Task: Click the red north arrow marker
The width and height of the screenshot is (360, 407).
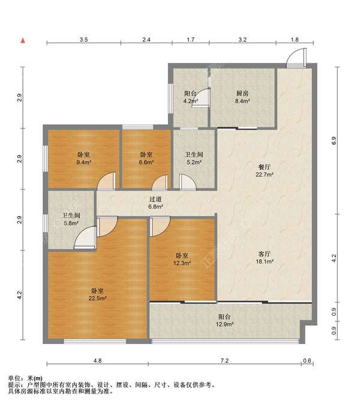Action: pos(23,40)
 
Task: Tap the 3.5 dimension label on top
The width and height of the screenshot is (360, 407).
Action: pos(83,40)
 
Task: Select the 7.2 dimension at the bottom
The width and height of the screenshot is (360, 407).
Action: pos(224,361)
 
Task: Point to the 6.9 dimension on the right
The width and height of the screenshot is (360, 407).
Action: pos(334,140)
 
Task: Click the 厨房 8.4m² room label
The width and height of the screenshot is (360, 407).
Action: pos(242,97)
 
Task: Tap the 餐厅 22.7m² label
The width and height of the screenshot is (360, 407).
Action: pos(265,170)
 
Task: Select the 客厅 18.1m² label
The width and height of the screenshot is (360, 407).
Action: pos(265,258)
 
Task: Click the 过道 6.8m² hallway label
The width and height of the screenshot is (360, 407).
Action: pos(155,203)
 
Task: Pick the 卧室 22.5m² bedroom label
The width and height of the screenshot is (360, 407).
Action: pos(98,294)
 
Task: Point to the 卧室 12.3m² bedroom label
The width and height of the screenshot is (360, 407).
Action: pos(182,259)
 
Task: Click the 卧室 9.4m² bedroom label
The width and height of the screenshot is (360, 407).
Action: pos(83,158)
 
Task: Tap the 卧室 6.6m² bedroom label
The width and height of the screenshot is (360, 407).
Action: pos(146,158)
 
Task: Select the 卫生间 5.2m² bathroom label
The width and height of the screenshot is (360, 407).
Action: pos(194,158)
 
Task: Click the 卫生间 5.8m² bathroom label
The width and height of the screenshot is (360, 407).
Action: pos(71,219)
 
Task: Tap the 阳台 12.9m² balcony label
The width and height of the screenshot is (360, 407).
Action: pos(224,321)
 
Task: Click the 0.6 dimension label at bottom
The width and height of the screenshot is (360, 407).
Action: pos(307,361)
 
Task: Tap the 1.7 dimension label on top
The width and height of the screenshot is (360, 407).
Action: pos(191,40)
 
